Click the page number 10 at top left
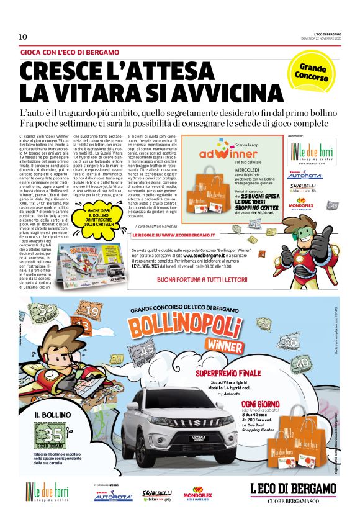tap(23, 37)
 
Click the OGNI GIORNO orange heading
tap(261, 404)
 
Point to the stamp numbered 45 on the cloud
tap(147, 351)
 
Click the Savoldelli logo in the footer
tap(156, 494)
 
